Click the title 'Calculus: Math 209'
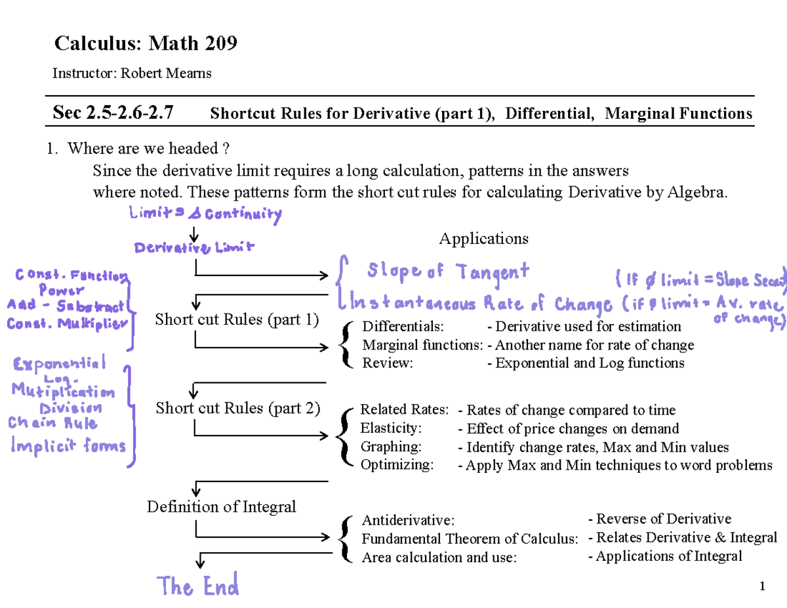pos(145,44)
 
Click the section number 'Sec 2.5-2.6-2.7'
pos(113,114)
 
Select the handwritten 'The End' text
pos(197,585)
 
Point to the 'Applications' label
pos(483,238)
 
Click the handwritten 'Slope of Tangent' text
pos(448,271)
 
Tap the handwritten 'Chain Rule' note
pos(52,424)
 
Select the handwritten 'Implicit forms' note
pos(68,446)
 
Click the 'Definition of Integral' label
pos(222,506)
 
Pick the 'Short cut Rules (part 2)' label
pos(238,408)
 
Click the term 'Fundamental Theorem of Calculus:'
pos(470,539)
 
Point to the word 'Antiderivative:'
pos(407,521)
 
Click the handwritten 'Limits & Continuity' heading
pos(205,214)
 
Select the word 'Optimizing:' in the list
pos(397,465)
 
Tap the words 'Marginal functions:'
pos(423,345)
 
